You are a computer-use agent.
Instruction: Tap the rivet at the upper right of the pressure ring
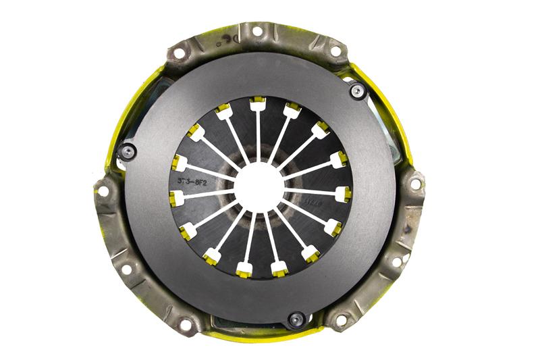(x=357, y=90)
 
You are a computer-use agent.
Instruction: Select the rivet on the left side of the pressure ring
(x=126, y=151)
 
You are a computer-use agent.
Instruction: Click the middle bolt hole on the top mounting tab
(x=256, y=31)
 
